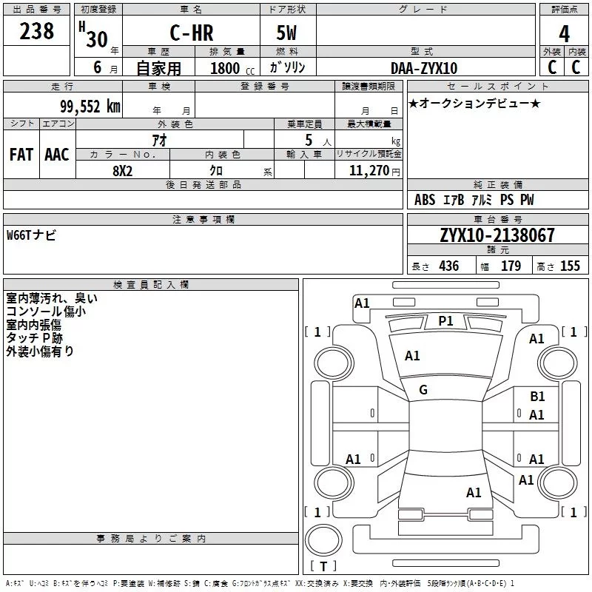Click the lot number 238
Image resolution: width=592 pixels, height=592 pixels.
tap(37, 31)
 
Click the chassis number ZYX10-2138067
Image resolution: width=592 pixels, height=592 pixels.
tap(497, 235)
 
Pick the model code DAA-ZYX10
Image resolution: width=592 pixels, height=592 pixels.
tap(424, 68)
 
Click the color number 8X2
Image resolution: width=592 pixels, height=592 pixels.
tap(122, 170)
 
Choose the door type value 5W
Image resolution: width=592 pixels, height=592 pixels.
tap(288, 33)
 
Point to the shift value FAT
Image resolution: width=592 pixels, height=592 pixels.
tap(21, 155)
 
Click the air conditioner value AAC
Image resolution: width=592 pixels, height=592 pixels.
tap(57, 155)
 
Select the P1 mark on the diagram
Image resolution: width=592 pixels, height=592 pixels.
tap(445, 320)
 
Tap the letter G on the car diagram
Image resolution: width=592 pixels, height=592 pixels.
tap(423, 390)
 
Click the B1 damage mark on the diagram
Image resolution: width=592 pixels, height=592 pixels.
tap(537, 397)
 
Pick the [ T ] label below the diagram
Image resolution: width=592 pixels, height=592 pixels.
tap(323, 567)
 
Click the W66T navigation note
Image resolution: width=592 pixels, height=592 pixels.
tap(31, 235)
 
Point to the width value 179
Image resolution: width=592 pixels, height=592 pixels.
tap(511, 266)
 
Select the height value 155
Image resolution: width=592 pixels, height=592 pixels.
tap(570, 266)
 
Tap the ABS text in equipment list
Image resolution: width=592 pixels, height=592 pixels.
tap(425, 200)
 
